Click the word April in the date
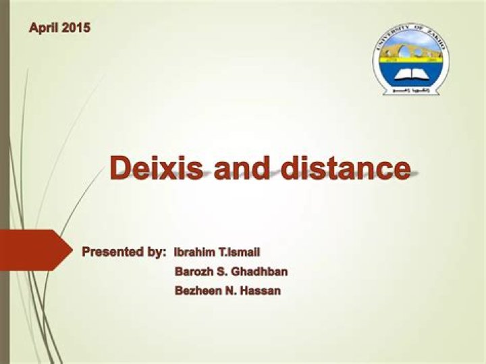45,28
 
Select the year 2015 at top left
76,28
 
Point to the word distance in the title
346,167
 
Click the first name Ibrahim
196,253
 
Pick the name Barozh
194,272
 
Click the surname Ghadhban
260,272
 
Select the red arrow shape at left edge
34,249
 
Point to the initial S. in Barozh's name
223,272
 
